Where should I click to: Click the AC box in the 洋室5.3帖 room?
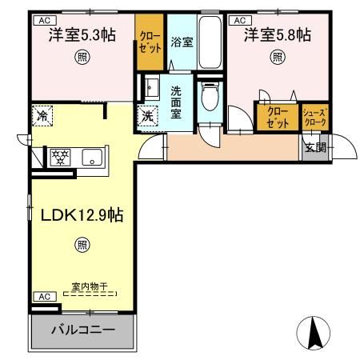coord(45,21)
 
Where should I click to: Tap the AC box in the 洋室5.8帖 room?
coord(240,21)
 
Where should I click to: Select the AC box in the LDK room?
coord(45,297)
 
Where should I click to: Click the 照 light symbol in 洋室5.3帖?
coord(82,57)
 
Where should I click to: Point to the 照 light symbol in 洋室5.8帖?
coord(278,57)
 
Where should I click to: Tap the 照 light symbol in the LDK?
coord(82,245)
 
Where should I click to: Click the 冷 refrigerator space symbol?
coord(42,116)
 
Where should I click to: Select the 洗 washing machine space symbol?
coord(147,116)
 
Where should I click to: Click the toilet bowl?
coord(210,96)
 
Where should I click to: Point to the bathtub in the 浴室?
coord(210,42)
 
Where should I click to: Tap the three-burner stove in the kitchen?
coord(60,157)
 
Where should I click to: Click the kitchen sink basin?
coord(92,157)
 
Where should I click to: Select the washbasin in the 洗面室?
coord(151,86)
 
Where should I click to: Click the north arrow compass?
coord(314,333)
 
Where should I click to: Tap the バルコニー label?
coord(83,330)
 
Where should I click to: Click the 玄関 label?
coord(316,147)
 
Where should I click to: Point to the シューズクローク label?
coord(315,118)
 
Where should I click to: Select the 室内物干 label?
coord(90,286)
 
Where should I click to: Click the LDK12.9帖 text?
coord(82,215)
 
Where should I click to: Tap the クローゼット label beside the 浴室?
coord(150,42)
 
